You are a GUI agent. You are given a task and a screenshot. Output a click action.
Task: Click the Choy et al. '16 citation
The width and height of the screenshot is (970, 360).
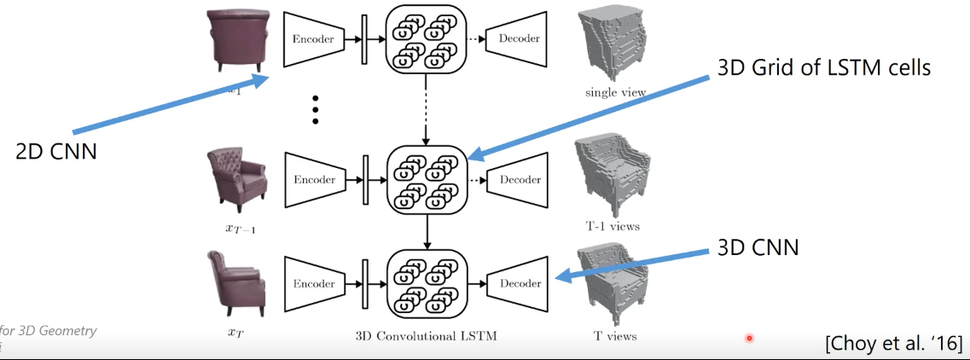pos(893,344)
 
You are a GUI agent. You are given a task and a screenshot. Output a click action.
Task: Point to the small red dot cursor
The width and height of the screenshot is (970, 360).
pos(749,338)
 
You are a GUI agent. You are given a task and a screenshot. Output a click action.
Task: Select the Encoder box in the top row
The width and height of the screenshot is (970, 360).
pos(313,38)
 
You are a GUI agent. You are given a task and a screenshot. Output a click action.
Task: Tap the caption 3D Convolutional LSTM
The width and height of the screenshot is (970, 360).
pos(426,336)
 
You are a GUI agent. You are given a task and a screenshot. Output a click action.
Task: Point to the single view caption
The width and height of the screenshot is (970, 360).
pos(615,91)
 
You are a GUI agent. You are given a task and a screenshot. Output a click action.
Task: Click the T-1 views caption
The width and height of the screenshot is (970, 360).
pos(614,226)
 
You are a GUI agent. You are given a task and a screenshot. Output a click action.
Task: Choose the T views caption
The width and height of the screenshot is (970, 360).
pos(614,336)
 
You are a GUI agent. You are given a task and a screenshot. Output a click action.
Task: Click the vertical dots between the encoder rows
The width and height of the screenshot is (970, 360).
pos(315,109)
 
